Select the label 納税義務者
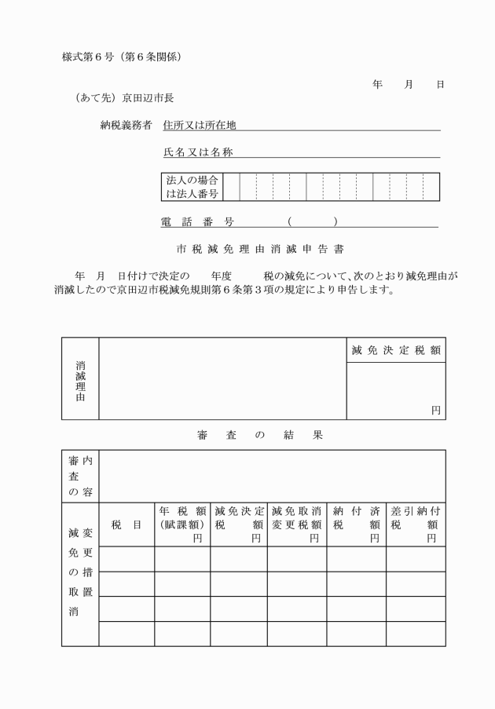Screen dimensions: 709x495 click(x=126, y=125)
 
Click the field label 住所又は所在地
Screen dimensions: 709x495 click(x=199, y=125)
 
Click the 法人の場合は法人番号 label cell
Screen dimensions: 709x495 click(x=189, y=187)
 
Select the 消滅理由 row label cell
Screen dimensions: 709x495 click(x=81, y=378)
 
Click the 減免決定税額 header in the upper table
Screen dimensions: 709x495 click(x=395, y=350)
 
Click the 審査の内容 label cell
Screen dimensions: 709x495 click(x=81, y=474)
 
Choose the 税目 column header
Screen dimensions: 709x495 click(x=126, y=524)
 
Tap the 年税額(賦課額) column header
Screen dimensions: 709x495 click(x=181, y=524)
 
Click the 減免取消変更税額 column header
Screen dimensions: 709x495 click(x=296, y=524)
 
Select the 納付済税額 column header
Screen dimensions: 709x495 click(x=356, y=524)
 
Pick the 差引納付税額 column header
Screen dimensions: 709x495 click(x=415, y=524)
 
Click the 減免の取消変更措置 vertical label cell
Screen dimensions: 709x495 click(x=81, y=572)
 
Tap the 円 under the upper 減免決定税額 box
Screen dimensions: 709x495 click(x=435, y=410)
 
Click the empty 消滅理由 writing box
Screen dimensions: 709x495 click(x=222, y=378)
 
